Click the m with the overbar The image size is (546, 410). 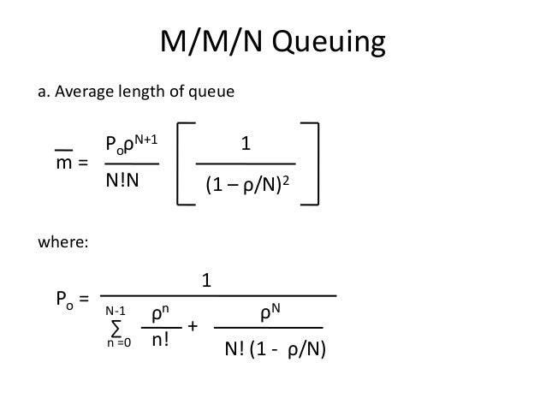coord(62,162)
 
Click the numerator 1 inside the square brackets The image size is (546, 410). coord(246,145)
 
